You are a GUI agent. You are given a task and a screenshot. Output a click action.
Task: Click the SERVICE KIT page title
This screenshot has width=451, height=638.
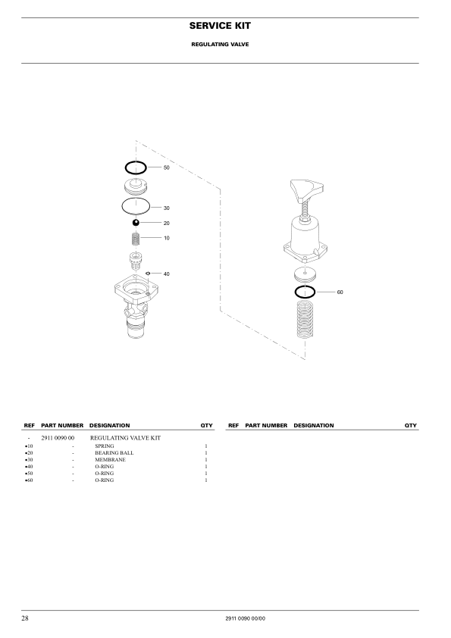[220, 26]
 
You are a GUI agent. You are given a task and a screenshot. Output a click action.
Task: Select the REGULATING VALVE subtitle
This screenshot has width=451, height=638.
[220, 45]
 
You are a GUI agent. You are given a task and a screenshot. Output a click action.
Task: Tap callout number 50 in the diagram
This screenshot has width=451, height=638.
[167, 167]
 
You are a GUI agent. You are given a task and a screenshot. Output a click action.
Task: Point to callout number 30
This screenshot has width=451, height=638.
[167, 208]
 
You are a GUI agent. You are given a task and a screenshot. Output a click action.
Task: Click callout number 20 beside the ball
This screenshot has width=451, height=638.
[167, 223]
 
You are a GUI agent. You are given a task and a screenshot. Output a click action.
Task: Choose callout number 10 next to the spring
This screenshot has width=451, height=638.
[167, 238]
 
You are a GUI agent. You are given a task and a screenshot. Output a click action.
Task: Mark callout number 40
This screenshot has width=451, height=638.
[167, 274]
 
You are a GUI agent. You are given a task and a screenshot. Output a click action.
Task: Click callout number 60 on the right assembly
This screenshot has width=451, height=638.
[340, 292]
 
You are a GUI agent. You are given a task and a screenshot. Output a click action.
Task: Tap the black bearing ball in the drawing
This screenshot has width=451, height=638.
[136, 223]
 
